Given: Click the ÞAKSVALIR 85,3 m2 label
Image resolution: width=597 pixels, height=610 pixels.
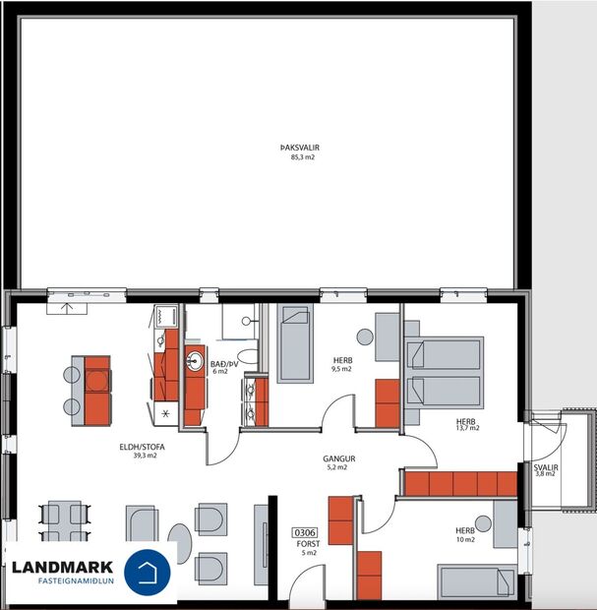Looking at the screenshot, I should (300, 152).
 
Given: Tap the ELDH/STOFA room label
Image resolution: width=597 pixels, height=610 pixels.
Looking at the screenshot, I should (143, 451).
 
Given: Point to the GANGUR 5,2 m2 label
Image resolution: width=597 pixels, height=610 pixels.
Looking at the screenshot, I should (338, 462).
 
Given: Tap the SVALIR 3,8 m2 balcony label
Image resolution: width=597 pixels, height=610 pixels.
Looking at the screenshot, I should (544, 469).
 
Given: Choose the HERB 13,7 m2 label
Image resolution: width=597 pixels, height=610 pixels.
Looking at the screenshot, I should (466, 423).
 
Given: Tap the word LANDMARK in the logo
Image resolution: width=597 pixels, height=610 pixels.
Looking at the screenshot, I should (63, 567).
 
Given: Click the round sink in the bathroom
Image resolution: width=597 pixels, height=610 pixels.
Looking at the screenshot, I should (195, 360).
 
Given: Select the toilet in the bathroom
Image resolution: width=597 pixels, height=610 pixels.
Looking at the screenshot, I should (248, 356).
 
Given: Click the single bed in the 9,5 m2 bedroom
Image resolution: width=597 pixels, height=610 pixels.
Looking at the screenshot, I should (293, 343).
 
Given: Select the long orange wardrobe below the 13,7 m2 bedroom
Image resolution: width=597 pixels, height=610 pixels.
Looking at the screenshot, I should (460, 483).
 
